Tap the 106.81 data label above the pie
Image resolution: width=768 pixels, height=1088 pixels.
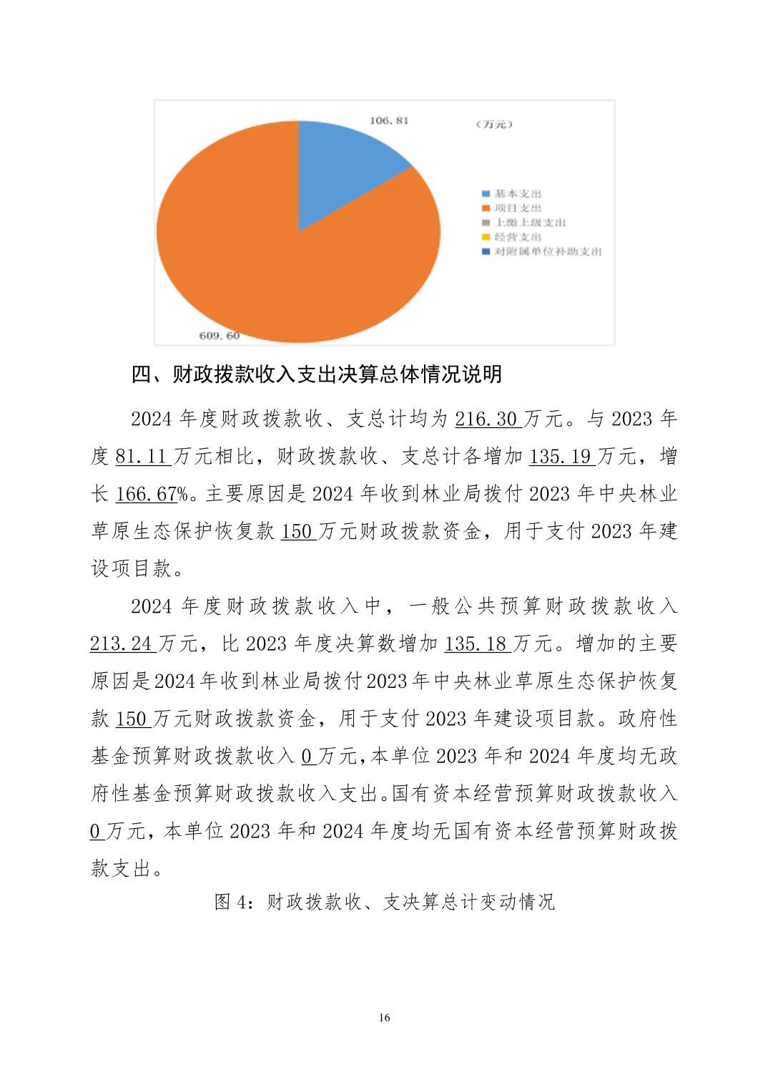click(389, 120)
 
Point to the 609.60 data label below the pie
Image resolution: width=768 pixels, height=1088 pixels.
click(220, 335)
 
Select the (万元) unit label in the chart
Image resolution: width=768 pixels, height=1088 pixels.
click(494, 125)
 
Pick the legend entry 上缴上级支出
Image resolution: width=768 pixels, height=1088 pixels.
click(529, 223)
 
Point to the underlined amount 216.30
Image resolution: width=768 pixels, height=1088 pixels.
click(486, 419)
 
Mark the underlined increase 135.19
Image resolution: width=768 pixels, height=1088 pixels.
click(560, 456)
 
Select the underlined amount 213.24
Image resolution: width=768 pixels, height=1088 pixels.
click(121, 643)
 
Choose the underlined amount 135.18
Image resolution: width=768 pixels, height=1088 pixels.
click(476, 643)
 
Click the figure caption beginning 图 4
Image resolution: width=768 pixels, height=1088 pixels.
click(384, 901)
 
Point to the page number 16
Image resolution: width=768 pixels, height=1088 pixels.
click(385, 1018)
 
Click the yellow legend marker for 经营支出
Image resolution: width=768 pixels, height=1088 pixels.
click(486, 237)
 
